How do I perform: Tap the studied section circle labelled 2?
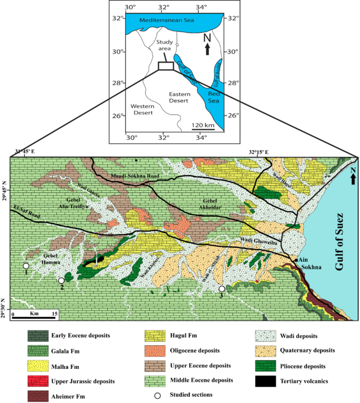pos(61,281)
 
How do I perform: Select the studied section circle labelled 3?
pos(222,289)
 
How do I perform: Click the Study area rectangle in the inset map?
pos(166,66)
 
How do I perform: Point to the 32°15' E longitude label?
pos(259,152)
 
